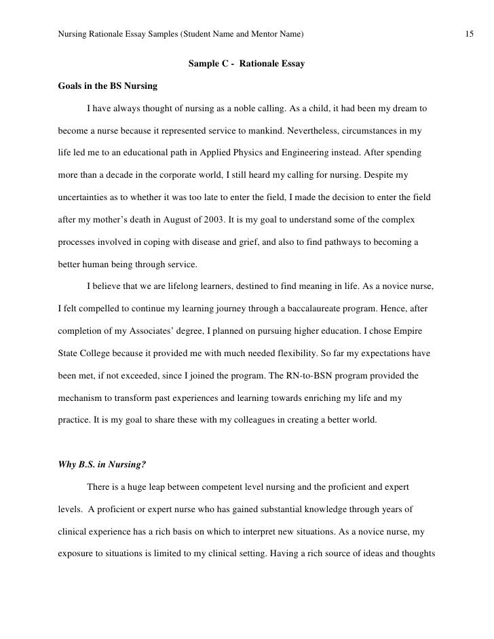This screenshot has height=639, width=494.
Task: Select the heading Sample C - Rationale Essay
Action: coord(246,64)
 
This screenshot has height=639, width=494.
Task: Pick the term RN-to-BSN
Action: coord(316,375)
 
